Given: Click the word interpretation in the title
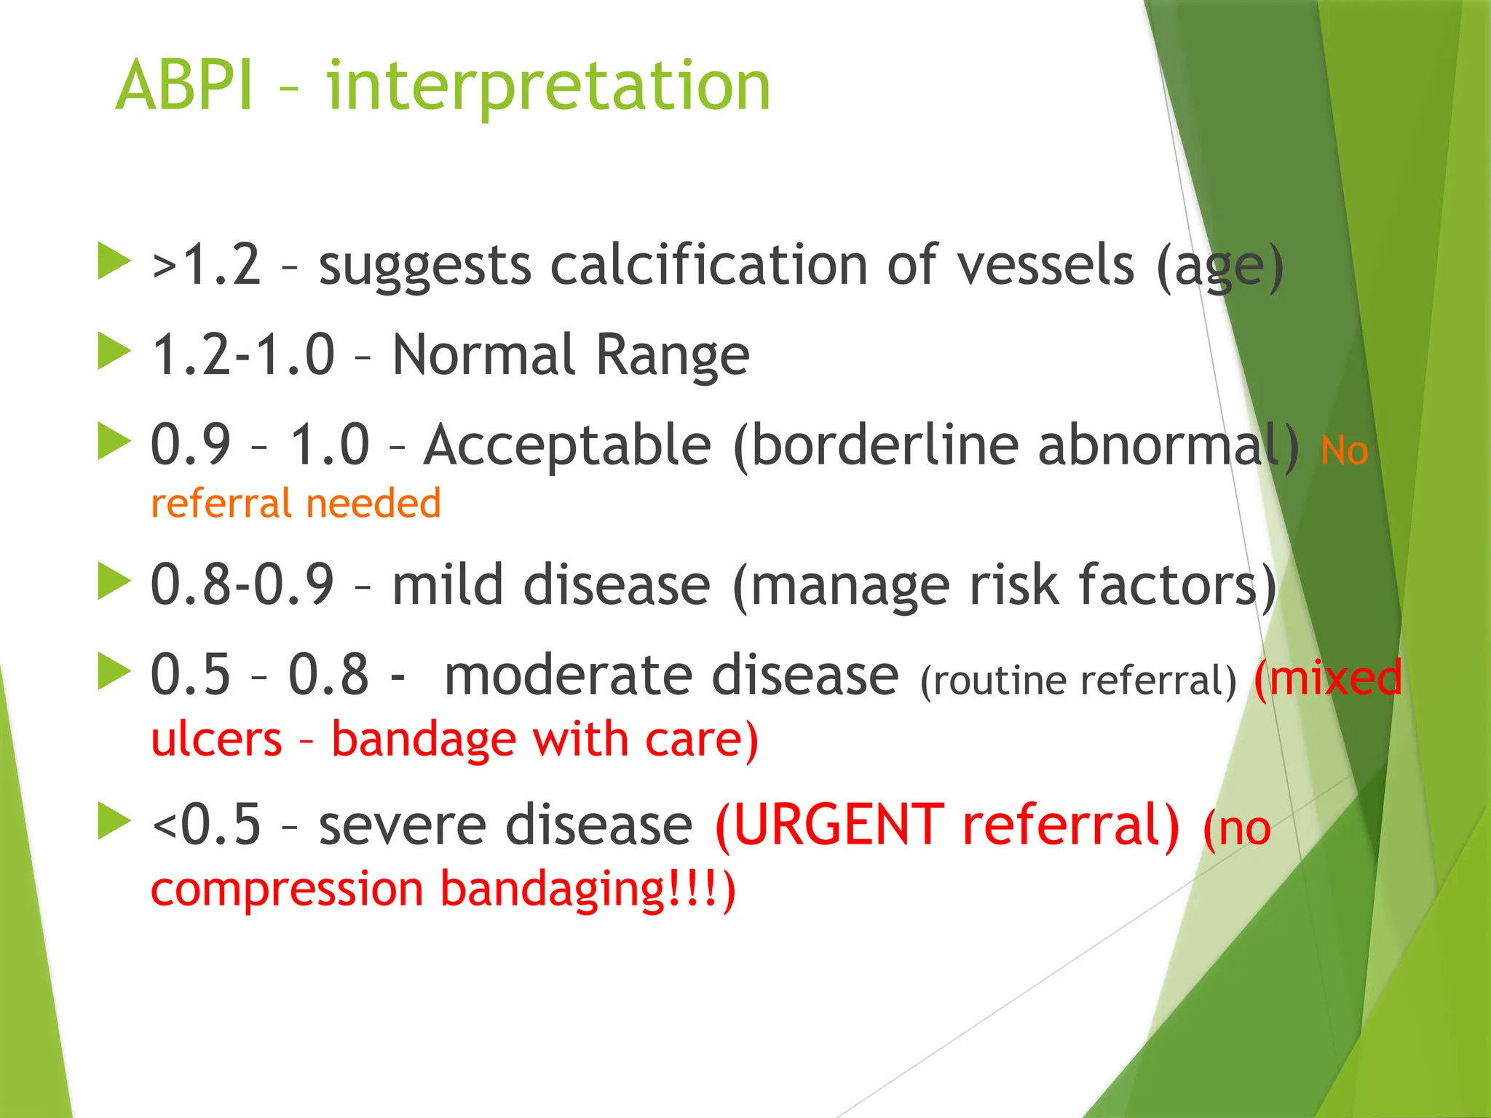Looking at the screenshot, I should point(548,87).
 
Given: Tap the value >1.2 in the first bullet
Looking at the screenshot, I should point(206,265).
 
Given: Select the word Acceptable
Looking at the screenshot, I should point(568,445).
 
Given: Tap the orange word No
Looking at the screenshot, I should point(1344,451).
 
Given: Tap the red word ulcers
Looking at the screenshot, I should point(216,740).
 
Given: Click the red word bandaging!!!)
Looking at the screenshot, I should point(588,889).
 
